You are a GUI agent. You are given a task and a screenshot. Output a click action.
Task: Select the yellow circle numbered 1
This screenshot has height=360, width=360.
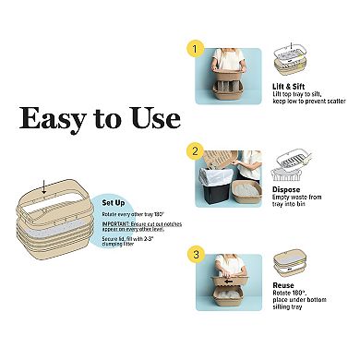[x=194, y=47]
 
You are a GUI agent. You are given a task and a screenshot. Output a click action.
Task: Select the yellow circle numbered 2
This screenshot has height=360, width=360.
[x=194, y=150]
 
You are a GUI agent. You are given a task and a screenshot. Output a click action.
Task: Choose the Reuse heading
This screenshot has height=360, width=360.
[x=288, y=286]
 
